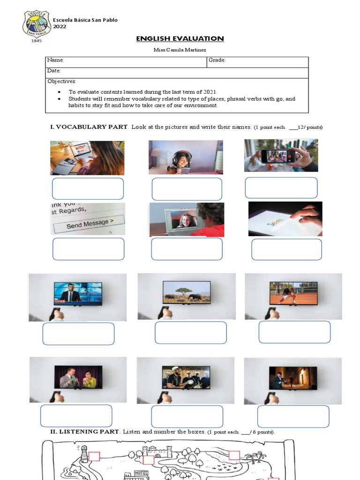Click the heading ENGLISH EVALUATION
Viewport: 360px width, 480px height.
pyautogui.click(x=180, y=39)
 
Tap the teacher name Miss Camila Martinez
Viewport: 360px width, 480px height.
pyautogui.click(x=180, y=50)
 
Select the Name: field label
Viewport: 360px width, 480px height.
pyautogui.click(x=55, y=60)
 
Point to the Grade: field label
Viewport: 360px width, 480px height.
pyautogui.click(x=217, y=60)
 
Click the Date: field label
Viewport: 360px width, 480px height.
pyautogui.click(x=54, y=71)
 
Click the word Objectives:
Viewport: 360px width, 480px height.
pyautogui.click(x=62, y=82)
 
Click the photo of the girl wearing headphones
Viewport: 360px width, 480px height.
pyautogui.click(x=186, y=157)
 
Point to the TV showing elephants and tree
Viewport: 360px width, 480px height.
pyautogui.click(x=187, y=292)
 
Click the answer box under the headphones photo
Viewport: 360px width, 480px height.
pyautogui.click(x=187, y=189)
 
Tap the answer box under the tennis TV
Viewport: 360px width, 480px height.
pyautogui.click(x=294, y=332)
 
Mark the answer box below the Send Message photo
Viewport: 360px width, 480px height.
pyautogui.click(x=88, y=249)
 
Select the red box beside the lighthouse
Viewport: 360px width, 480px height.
pyautogui.click(x=94, y=457)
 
